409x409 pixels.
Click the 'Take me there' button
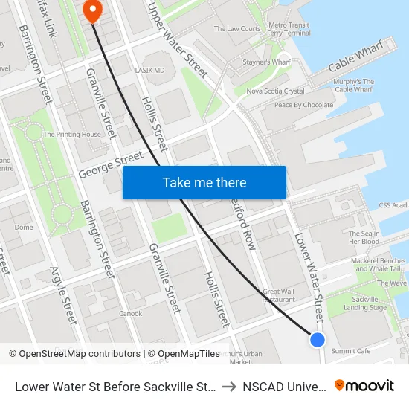coord(204,183)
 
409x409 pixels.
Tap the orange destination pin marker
coord(93,10)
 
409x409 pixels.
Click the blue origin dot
coord(318,340)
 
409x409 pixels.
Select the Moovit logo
coord(364,386)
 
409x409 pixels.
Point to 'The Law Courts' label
coord(237,29)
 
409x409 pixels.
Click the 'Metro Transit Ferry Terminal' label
coord(289,29)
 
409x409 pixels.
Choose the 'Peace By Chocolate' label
coord(303,105)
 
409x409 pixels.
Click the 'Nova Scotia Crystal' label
coord(274,91)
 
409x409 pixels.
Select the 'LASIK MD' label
coord(149,71)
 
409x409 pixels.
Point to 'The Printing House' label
coord(72,135)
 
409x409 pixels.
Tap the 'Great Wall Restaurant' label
coord(279,295)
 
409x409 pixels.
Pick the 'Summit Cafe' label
coord(351,351)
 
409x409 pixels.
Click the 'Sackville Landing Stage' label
coord(365,303)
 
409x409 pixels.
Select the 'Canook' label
coord(130,313)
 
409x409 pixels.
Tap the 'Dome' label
coord(24,228)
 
